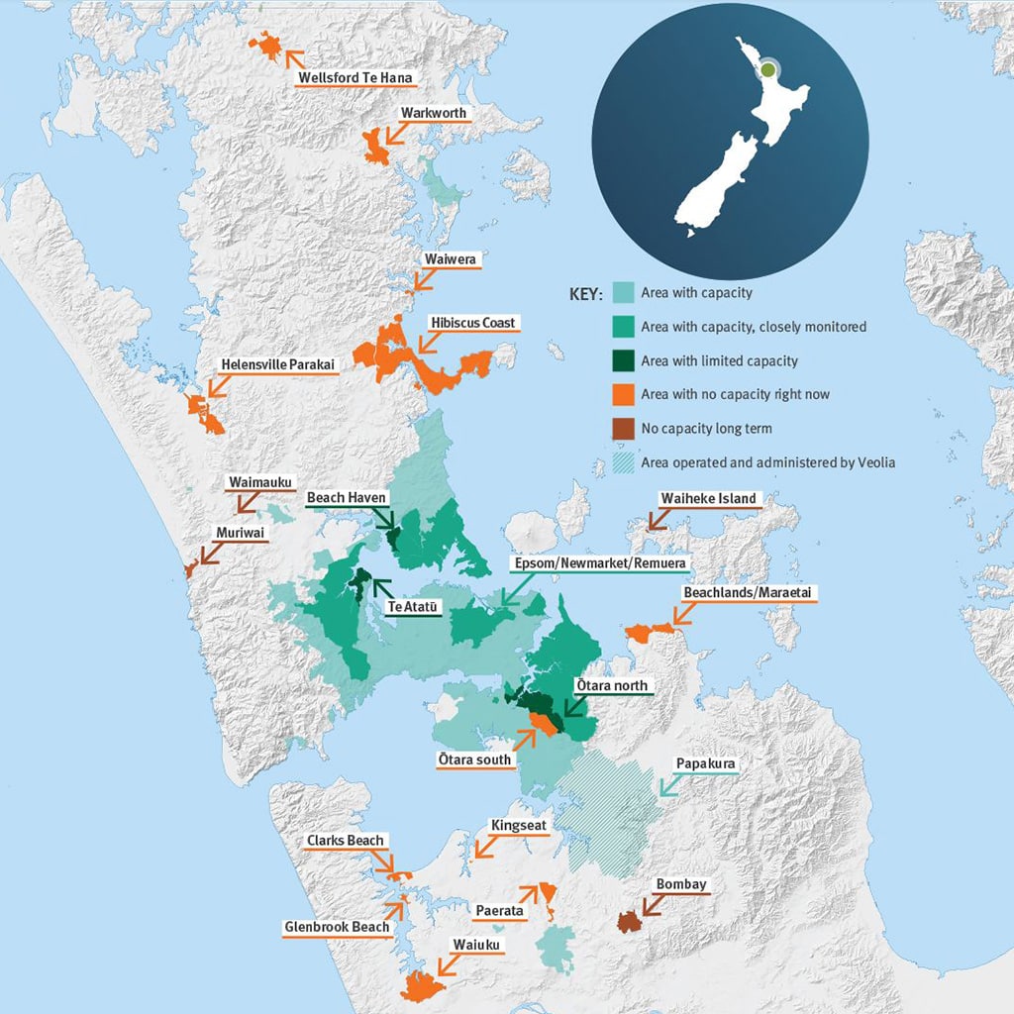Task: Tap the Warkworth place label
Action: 433,113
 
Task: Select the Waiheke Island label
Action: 709,498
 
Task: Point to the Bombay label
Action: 682,884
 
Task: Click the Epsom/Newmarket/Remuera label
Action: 597,562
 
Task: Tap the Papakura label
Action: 705,764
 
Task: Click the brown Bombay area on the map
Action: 628,922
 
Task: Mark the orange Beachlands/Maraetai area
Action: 649,633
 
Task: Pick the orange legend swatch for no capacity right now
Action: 622,394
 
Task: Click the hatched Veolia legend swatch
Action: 622,461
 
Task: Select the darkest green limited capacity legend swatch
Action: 622,360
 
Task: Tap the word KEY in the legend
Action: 584,294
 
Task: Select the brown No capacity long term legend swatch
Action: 622,428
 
